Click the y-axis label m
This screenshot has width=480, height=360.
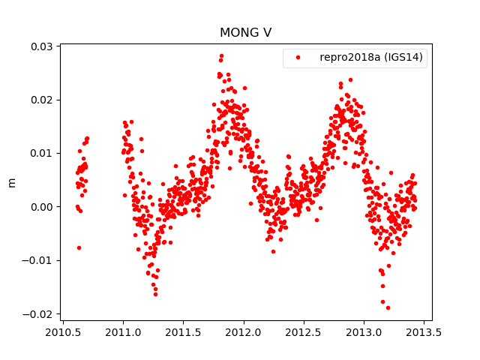(11, 182)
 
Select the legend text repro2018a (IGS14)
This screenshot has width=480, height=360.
(373, 58)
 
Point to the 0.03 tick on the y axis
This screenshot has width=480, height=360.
(42, 46)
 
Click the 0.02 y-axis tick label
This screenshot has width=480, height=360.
(42, 100)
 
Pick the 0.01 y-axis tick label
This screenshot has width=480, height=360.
(42, 153)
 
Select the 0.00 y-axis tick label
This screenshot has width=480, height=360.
(42, 207)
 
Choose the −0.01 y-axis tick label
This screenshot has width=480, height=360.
(39, 260)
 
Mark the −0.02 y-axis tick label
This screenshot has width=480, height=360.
(39, 313)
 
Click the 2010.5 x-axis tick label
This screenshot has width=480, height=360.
(64, 332)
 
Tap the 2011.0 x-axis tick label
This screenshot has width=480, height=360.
(124, 332)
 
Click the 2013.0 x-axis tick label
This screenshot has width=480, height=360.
(364, 332)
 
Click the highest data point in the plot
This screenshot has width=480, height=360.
(221, 56)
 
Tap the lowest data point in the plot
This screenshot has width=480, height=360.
(388, 307)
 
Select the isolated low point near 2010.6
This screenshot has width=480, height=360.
(79, 247)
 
